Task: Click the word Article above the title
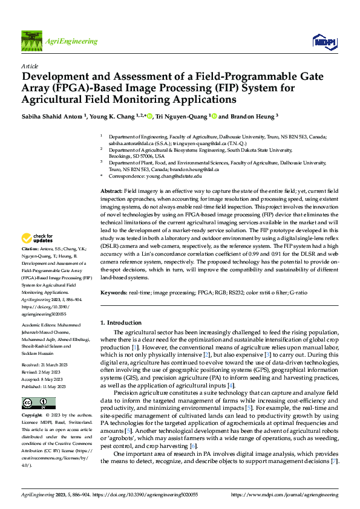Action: pos(30,66)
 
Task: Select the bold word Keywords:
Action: pos(114,293)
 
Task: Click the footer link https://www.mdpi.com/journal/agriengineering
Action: pos(284,495)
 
